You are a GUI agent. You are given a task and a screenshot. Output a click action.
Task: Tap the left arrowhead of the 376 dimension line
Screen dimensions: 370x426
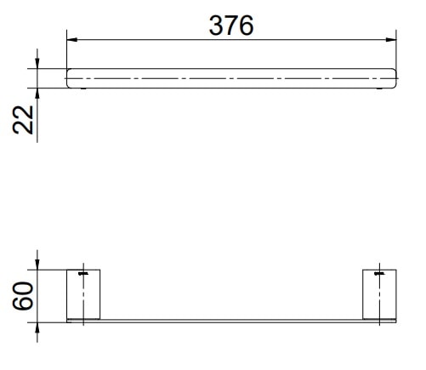[71, 39]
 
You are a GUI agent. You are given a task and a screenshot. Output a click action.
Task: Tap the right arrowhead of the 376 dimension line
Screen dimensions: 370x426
[393, 39]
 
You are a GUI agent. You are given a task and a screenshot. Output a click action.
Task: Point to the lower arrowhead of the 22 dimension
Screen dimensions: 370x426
[38, 92]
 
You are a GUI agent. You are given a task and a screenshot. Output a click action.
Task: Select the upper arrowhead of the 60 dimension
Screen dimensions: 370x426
[38, 265]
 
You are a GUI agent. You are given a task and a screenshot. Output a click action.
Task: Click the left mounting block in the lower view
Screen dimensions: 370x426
[83, 294]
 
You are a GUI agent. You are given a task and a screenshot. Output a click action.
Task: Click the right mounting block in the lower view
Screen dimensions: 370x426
[380, 294]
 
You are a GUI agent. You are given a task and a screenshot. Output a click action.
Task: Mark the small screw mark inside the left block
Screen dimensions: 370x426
[82, 275]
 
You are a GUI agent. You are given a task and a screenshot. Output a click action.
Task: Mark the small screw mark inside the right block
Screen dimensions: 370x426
[380, 275]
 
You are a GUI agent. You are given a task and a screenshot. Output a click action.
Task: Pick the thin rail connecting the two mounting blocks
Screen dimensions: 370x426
[231, 321]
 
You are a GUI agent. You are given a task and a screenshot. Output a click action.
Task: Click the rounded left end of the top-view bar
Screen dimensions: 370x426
[70, 77]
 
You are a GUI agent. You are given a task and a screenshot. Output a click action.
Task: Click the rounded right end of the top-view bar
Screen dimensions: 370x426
[395, 77]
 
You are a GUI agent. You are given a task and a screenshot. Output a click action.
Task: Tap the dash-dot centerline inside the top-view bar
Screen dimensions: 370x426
[231, 77]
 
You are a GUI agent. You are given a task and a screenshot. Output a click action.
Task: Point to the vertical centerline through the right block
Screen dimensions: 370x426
[380, 306]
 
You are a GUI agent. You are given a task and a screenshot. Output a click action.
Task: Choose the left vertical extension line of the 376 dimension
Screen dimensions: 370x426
[66, 51]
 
